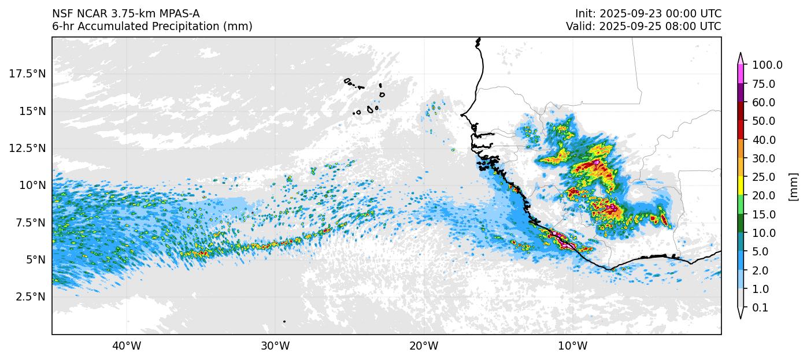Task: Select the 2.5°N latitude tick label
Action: [29, 296]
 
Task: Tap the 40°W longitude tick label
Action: [126, 346]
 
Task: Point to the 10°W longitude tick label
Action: [572, 346]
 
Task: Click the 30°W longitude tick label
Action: [275, 346]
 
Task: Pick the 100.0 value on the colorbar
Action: [767, 65]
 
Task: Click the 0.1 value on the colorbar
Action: [760, 308]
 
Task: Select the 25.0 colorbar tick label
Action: [764, 177]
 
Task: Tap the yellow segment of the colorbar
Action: [741, 186]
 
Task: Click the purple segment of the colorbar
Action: [741, 93]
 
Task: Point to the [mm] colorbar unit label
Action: [793, 187]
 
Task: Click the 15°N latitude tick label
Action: [32, 110]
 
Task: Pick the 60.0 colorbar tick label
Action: [764, 103]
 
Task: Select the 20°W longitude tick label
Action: [424, 346]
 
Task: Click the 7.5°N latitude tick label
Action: [29, 222]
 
